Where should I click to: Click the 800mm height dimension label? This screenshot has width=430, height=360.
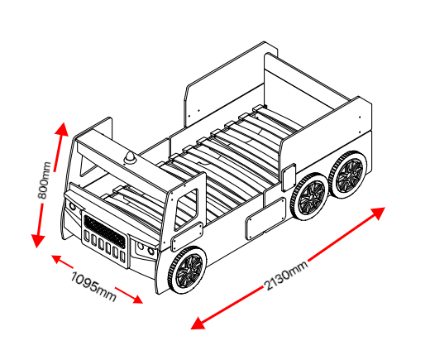(45, 180)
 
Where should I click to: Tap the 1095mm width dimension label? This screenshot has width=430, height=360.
(93, 286)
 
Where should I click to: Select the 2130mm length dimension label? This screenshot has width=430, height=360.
(286, 276)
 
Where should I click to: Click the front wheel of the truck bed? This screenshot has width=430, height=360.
(188, 270)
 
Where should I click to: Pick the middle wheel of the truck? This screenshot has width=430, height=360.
(308, 196)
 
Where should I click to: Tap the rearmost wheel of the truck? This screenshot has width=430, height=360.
(348, 175)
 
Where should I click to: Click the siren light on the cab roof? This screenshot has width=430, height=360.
(130, 158)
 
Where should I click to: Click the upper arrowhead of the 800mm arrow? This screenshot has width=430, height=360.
(62, 129)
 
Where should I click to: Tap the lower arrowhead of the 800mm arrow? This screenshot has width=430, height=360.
(37, 241)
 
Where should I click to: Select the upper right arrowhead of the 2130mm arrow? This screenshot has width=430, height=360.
(377, 213)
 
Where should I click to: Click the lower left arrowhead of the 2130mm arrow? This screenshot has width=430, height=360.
(198, 324)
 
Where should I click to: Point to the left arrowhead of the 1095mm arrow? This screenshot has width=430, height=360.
(57, 259)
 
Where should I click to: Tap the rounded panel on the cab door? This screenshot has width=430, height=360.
(187, 237)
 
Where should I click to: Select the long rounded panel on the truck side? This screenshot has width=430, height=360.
(266, 218)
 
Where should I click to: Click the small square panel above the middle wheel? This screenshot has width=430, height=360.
(289, 178)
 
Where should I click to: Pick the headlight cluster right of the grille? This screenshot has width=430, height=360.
(144, 250)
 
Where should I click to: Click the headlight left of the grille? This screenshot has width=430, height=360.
(72, 206)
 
